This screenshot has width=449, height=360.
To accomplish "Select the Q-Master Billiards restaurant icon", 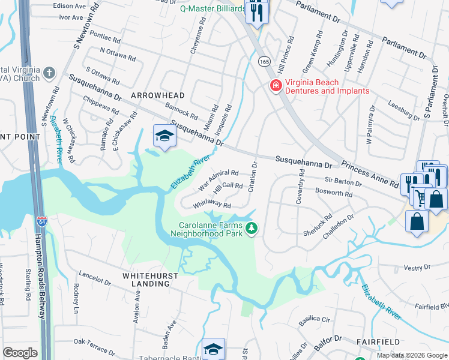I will pyautogui.click(x=257, y=13).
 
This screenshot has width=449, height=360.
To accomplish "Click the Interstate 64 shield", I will pyautogui.click(x=41, y=222).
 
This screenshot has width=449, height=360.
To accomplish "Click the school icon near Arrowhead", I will pyautogui.click(x=164, y=136).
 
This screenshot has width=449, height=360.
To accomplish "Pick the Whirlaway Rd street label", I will pyautogui.click(x=212, y=205).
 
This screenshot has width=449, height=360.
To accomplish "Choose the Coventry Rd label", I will pyautogui.click(x=298, y=188).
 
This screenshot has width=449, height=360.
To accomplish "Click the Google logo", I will pyautogui.click(x=20, y=353).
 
